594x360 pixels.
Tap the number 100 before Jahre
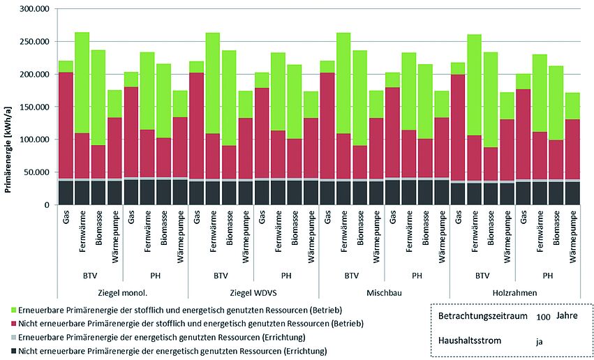[x=544, y=317]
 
